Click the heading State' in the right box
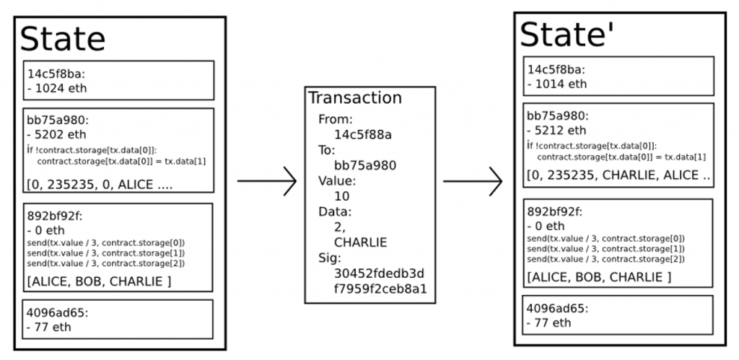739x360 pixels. [568, 34]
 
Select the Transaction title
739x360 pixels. [355, 98]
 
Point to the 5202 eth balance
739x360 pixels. [58, 133]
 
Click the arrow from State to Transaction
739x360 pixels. [266, 181]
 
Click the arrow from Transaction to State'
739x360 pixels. [472, 181]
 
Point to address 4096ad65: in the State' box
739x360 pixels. [558, 307]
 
